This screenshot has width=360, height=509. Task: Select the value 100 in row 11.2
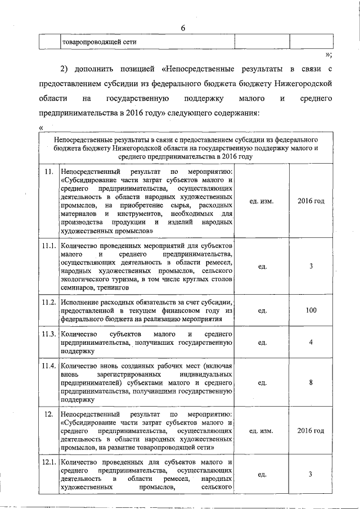[310, 310]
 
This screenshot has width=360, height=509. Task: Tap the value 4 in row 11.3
[310, 342]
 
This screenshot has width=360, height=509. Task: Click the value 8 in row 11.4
[310, 382]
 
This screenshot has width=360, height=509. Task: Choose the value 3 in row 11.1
[310, 266]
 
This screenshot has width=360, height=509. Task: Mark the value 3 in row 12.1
[310, 474]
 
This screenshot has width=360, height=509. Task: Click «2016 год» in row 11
[310, 201]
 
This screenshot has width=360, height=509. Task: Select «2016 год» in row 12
[310, 431]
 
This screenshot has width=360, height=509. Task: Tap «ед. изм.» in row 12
[262, 431]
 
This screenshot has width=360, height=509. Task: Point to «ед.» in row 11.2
[262, 310]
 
